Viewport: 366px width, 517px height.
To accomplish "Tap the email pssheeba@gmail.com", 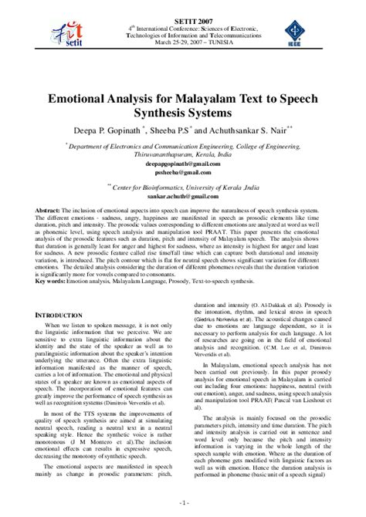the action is coord(181,172).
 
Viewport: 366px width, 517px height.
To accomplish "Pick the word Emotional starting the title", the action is coord(86,100).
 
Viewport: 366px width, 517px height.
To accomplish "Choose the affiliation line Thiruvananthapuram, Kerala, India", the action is coord(181,154).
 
